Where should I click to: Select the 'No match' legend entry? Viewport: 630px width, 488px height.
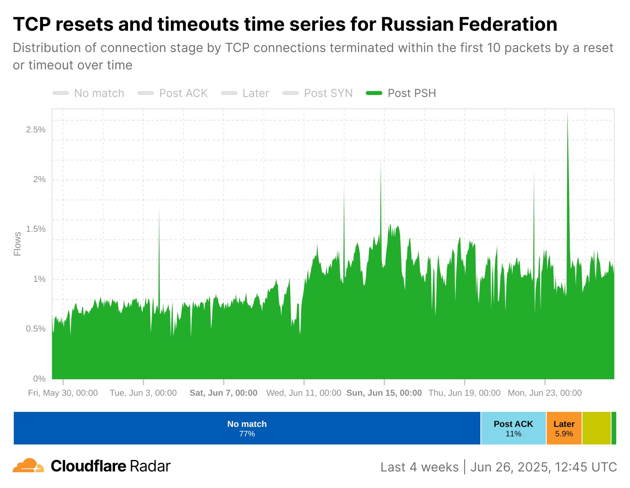click(99, 93)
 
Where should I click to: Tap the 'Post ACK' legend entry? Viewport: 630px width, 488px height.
click(183, 93)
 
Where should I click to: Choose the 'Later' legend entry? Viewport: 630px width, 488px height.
click(256, 93)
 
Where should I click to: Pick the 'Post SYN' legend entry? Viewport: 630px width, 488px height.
click(328, 93)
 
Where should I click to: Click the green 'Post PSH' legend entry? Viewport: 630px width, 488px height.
click(411, 93)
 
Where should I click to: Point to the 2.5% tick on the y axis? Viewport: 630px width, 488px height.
click(36, 130)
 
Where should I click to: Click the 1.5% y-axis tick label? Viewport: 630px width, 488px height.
click(36, 229)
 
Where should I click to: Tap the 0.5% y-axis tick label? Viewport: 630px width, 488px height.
click(36, 329)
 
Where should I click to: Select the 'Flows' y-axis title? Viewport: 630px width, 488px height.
click(17, 244)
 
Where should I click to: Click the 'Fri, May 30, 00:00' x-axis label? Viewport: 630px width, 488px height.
click(63, 393)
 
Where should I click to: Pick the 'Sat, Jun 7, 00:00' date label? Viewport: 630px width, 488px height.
click(224, 393)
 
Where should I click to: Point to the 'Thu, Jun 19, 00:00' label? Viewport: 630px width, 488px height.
click(465, 393)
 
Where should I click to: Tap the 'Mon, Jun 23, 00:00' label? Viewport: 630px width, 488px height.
click(545, 393)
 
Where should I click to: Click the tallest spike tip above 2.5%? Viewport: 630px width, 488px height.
click(567, 112)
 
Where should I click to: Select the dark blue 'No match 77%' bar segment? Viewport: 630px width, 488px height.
click(247, 428)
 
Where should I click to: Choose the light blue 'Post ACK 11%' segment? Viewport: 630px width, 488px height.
click(513, 428)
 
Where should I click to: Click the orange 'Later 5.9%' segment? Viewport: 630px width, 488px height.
click(564, 428)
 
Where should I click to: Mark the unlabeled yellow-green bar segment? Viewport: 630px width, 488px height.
click(596, 428)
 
